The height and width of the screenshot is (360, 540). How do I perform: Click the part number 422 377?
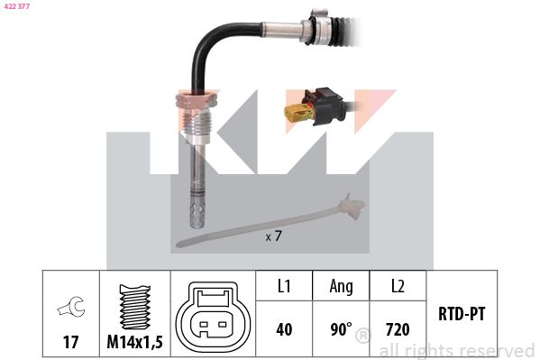[16, 6]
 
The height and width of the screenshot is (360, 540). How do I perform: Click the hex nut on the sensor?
[197, 99]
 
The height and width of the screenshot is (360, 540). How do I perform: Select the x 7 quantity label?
[273, 236]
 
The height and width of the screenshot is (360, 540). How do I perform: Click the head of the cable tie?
[352, 207]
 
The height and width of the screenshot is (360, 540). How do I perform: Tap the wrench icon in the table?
[71, 306]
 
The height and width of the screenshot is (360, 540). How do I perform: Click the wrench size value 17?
[71, 342]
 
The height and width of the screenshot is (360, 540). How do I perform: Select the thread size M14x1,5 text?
[134, 342]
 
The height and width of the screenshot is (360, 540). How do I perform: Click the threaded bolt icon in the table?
[135, 307]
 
